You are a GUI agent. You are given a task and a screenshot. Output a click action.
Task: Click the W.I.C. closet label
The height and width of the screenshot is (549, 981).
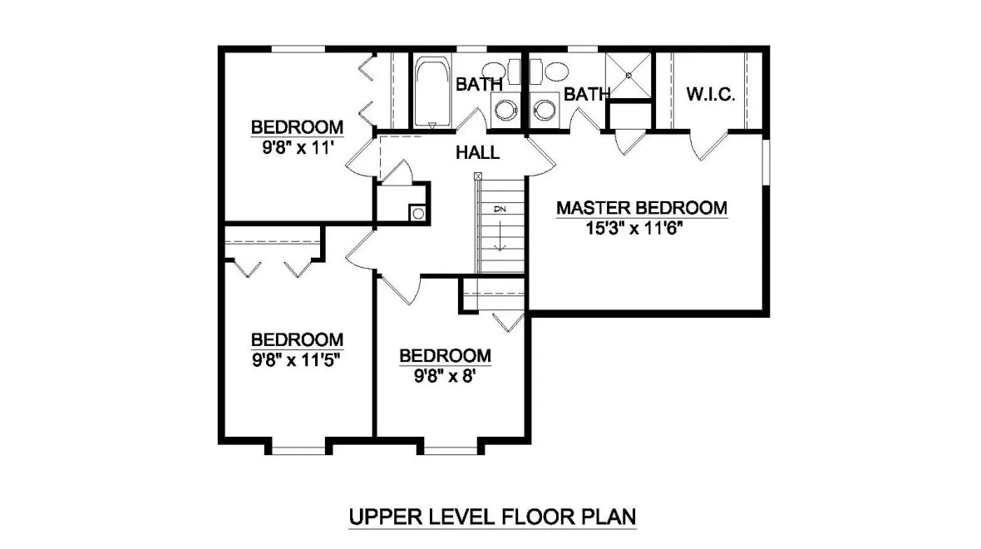click(x=710, y=94)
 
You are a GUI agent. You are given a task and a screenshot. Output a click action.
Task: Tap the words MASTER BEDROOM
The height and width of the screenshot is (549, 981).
click(x=641, y=207)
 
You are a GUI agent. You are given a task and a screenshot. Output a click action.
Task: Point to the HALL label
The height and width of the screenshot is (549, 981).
click(x=477, y=152)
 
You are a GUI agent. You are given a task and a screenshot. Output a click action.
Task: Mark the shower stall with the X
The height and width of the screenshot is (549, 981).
click(x=629, y=76)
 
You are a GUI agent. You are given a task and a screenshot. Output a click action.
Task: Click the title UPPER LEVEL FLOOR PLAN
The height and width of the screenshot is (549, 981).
click(x=492, y=517)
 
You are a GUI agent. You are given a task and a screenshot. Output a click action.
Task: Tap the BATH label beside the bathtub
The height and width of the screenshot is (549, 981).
click(x=479, y=84)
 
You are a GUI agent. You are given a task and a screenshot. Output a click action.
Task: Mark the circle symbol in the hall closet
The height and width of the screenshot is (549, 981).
click(x=417, y=213)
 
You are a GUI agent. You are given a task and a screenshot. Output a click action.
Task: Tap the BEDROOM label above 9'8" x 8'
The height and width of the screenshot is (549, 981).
click(x=445, y=356)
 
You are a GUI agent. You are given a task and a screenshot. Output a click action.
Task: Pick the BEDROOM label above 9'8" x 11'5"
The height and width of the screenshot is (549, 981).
click(x=297, y=339)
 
